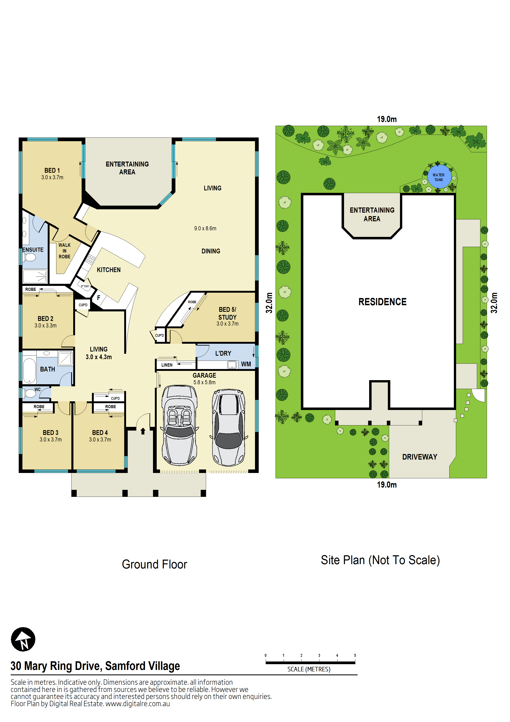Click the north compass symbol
click(x=23, y=639)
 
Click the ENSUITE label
click(x=33, y=250)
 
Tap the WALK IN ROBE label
click(x=64, y=251)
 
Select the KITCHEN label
click(x=108, y=270)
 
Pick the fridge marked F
click(x=99, y=297)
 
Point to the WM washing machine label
click(x=246, y=364)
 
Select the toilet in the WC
click(x=30, y=393)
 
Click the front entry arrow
click(x=143, y=431)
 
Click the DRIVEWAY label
click(x=420, y=457)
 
